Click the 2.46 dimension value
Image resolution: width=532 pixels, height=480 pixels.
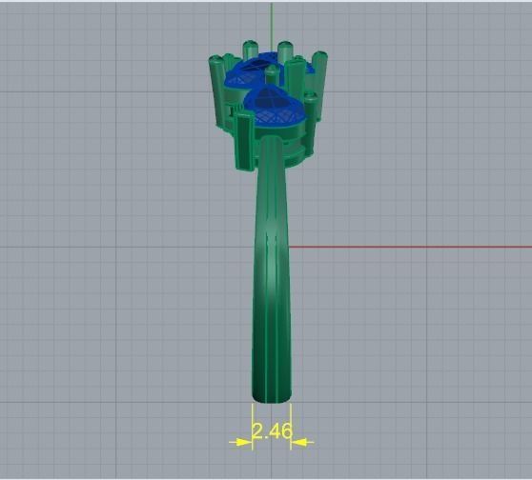(272, 431)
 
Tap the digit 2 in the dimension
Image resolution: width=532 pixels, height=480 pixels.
(258, 431)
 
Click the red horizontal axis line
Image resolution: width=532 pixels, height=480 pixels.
(410, 248)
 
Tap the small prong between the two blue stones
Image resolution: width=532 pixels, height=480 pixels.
(273, 76)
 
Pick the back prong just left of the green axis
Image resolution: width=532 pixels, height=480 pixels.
(252, 51)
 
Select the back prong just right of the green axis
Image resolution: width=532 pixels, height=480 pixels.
(284, 51)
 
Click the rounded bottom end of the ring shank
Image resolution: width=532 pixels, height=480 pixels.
(271, 394)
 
